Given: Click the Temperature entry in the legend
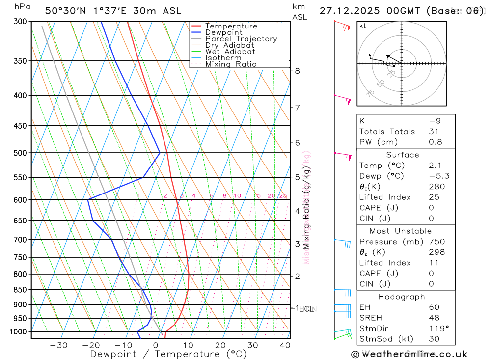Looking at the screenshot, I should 231,26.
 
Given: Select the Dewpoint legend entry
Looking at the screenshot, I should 223,32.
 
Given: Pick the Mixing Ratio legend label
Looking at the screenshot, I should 231,64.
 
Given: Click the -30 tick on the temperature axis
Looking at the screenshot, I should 59,345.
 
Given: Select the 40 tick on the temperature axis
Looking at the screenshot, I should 285,345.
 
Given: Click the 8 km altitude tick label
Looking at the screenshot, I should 297,71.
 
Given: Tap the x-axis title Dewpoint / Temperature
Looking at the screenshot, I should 168,354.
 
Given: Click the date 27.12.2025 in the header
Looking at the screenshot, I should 344,11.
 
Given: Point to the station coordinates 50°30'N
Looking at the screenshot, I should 62,11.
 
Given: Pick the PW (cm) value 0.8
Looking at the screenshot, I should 436,142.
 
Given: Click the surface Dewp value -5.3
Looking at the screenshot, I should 438,176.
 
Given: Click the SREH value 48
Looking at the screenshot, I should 434,318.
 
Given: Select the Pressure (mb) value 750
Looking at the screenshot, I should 436,242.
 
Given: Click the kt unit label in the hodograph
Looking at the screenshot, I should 363,26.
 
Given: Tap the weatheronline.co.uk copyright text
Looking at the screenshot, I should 409,354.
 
